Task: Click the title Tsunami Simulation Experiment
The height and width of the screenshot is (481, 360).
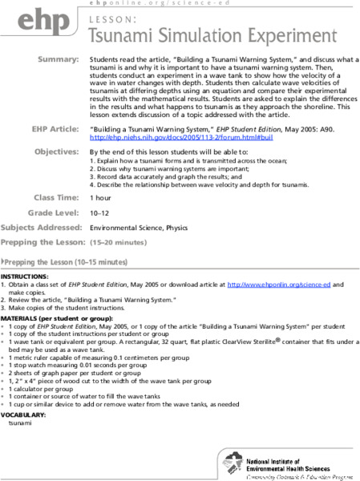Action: tap(212, 36)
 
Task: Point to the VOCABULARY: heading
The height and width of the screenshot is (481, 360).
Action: tap(24, 414)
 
